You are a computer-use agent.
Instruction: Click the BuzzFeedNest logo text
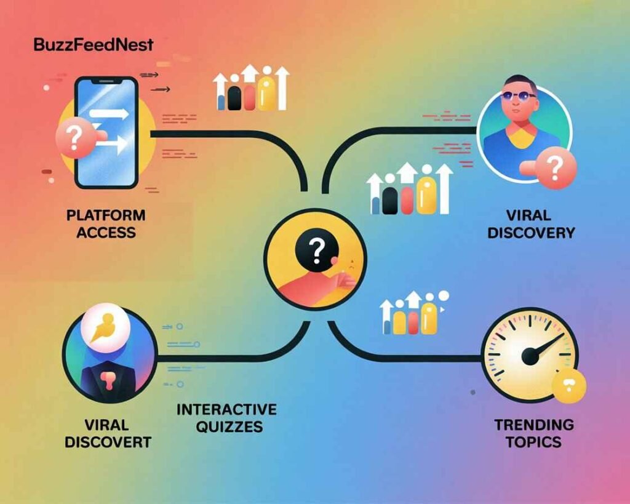coord(94,44)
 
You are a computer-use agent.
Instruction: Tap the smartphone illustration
coord(106,133)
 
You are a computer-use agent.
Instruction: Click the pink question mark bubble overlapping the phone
coord(74,138)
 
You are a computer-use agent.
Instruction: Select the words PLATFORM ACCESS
coord(106,223)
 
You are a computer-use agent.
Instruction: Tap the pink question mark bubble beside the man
coord(556,167)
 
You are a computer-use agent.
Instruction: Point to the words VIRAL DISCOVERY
coord(531,224)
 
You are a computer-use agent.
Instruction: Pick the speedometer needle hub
coord(530,356)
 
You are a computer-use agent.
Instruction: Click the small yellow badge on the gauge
coord(569,385)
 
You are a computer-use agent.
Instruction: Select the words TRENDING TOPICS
coord(533,433)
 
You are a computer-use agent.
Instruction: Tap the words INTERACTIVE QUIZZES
coord(226,418)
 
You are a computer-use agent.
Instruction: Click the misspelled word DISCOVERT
coord(108,442)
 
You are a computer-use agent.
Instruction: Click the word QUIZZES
coord(229,426)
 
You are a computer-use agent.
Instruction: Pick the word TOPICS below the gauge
coord(533,442)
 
